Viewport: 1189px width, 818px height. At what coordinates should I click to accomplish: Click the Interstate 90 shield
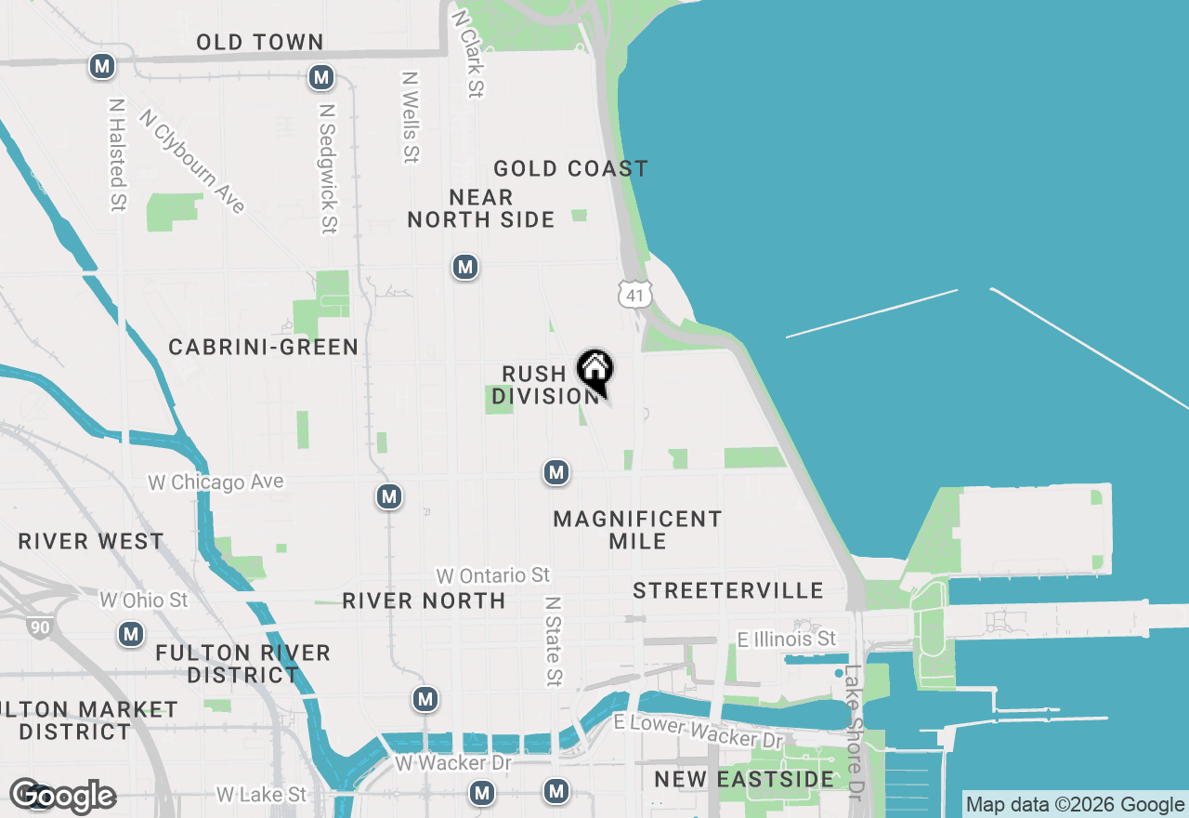(39, 627)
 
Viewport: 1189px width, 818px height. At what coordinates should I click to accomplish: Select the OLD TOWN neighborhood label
(260, 42)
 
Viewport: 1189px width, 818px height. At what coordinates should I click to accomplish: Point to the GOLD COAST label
(570, 168)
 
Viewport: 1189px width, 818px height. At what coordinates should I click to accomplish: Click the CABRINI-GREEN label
(264, 347)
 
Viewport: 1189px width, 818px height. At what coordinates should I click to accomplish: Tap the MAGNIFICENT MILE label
(637, 530)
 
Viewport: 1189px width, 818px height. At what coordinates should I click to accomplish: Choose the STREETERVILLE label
(728, 590)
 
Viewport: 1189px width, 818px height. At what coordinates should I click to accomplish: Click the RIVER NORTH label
(424, 600)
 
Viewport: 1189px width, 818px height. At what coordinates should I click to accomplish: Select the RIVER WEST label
(91, 541)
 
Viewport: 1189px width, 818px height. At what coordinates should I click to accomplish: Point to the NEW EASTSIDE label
(744, 778)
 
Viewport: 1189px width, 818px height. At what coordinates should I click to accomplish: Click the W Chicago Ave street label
(216, 482)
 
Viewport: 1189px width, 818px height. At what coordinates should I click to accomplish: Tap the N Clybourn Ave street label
(192, 161)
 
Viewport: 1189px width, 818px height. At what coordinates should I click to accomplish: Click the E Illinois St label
(786, 639)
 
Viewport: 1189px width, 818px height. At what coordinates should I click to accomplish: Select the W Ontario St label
(492, 575)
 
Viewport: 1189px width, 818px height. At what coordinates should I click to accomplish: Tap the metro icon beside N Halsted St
(102, 66)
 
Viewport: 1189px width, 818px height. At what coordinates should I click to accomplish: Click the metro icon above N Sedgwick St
(321, 77)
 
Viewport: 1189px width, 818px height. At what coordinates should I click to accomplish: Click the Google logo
(63, 796)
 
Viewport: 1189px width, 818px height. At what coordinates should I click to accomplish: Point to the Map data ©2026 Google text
(1075, 805)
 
